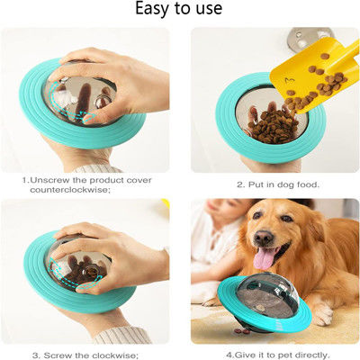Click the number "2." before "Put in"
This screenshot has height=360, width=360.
(239, 184)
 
